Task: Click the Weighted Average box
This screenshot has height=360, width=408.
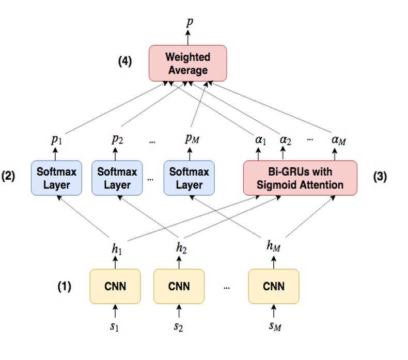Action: point(187,63)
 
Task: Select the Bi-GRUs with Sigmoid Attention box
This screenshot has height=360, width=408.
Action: point(300,178)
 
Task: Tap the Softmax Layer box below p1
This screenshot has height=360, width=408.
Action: point(56,178)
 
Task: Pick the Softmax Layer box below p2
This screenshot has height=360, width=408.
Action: point(117,178)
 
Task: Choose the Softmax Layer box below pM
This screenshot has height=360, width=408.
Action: point(189,178)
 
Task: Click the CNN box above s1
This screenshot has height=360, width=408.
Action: point(115,286)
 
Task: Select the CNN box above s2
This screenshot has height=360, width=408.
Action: point(179,286)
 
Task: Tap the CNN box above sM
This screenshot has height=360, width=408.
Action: point(273,286)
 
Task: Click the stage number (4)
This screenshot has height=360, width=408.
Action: point(124,61)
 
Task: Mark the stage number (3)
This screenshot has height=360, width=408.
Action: point(380,176)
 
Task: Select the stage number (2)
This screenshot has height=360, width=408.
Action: point(9,176)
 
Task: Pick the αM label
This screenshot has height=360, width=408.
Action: point(338,139)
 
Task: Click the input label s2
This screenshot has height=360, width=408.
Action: point(178,327)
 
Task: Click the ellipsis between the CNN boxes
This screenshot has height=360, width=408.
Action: point(226,288)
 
